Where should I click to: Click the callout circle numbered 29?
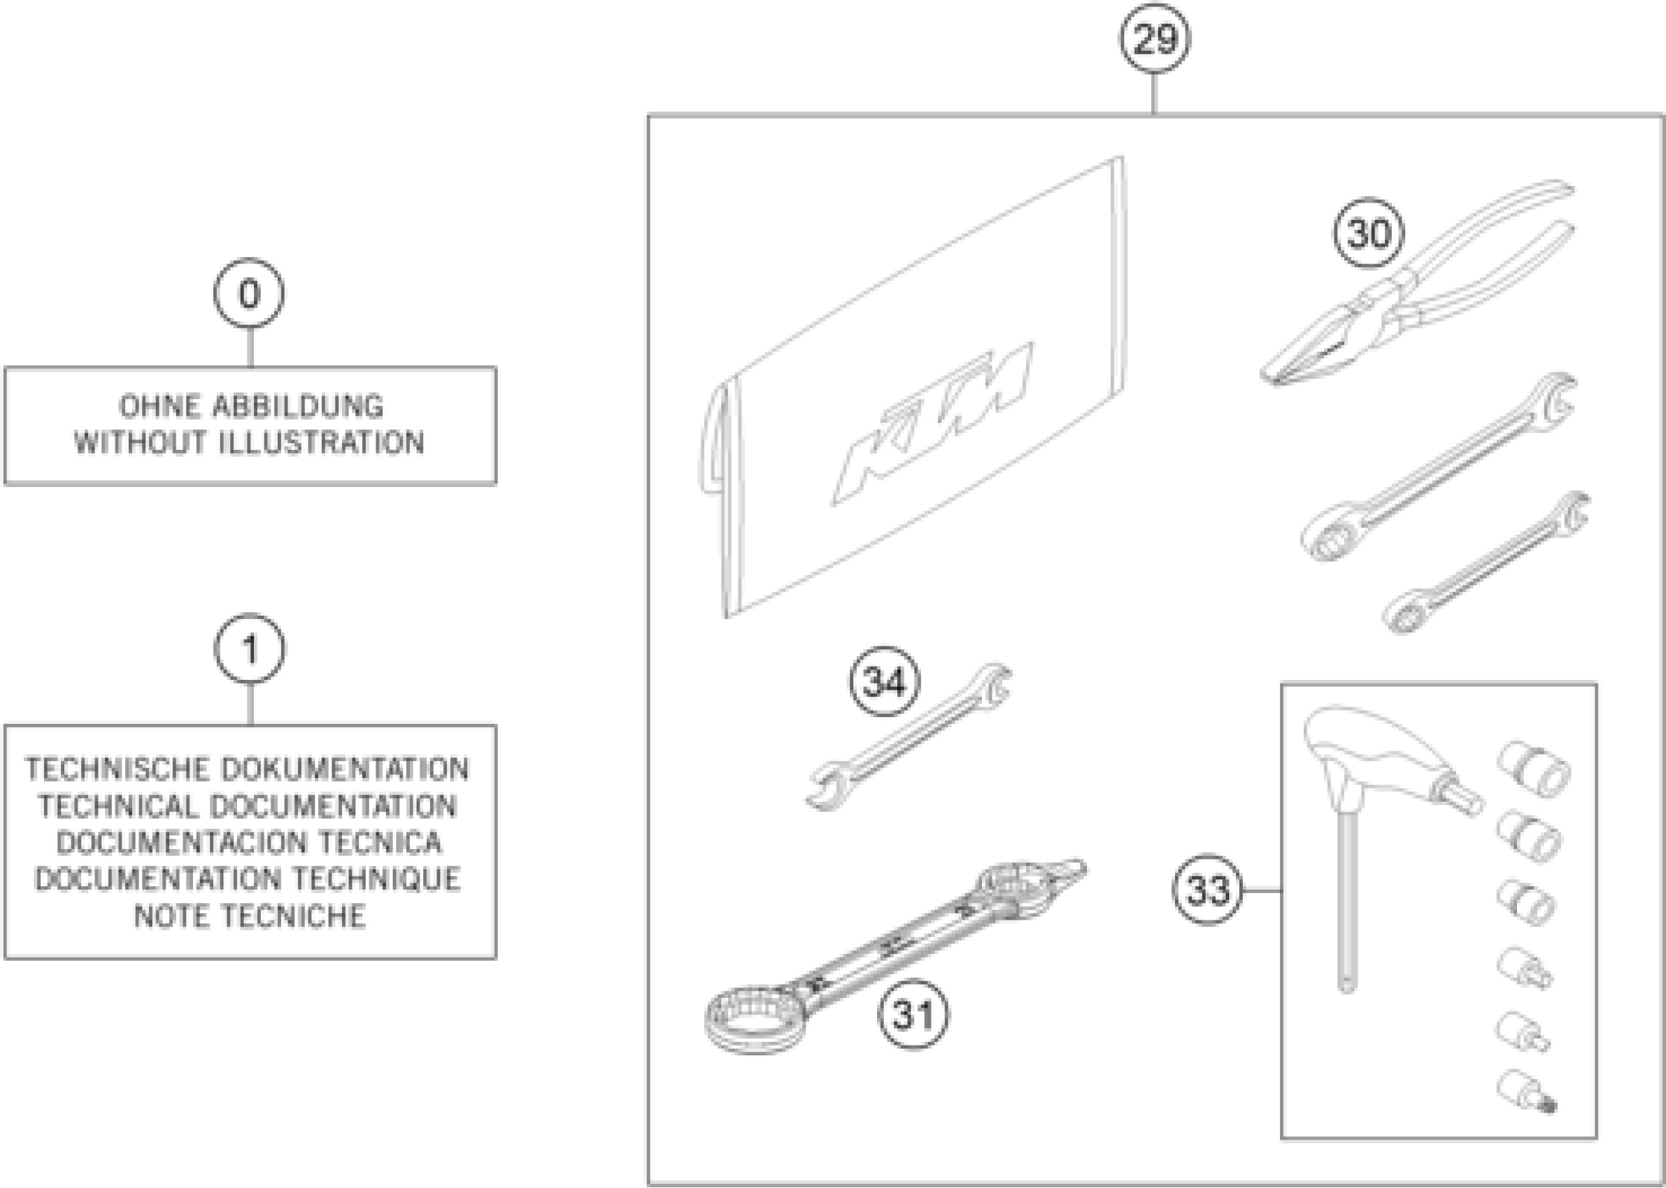[x=1154, y=38]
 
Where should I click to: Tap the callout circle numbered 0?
[x=249, y=294]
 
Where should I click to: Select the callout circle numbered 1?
[x=250, y=648]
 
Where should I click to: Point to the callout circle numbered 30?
[x=1367, y=233]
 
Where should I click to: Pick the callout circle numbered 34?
[x=884, y=682]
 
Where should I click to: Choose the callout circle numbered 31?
[x=913, y=1014]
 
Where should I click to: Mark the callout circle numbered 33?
[x=1207, y=890]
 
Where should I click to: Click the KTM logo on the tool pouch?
[x=933, y=424]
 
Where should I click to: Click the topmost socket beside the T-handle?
[x=1533, y=769]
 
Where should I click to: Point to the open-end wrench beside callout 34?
[x=908, y=739]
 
